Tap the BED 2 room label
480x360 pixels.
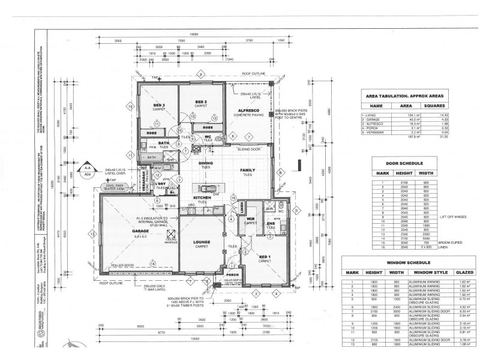point(202,103)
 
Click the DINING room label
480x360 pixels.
point(206,163)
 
